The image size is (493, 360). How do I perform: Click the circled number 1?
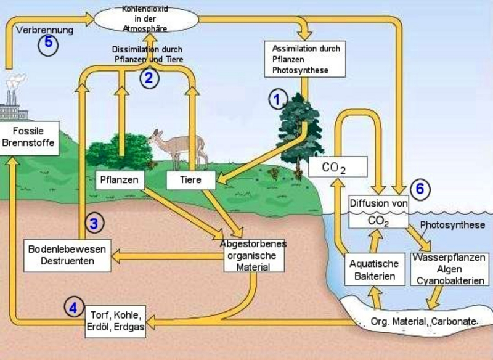pyautogui.click(x=277, y=98)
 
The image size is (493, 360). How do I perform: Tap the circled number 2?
pyautogui.click(x=149, y=78)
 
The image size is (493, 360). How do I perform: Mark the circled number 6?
pyautogui.click(x=419, y=189)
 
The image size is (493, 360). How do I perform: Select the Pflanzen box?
pyautogui.click(x=120, y=180)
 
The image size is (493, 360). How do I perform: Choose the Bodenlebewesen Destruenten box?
pyautogui.click(x=67, y=255)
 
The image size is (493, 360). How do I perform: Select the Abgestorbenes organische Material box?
pyautogui.click(x=253, y=255)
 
